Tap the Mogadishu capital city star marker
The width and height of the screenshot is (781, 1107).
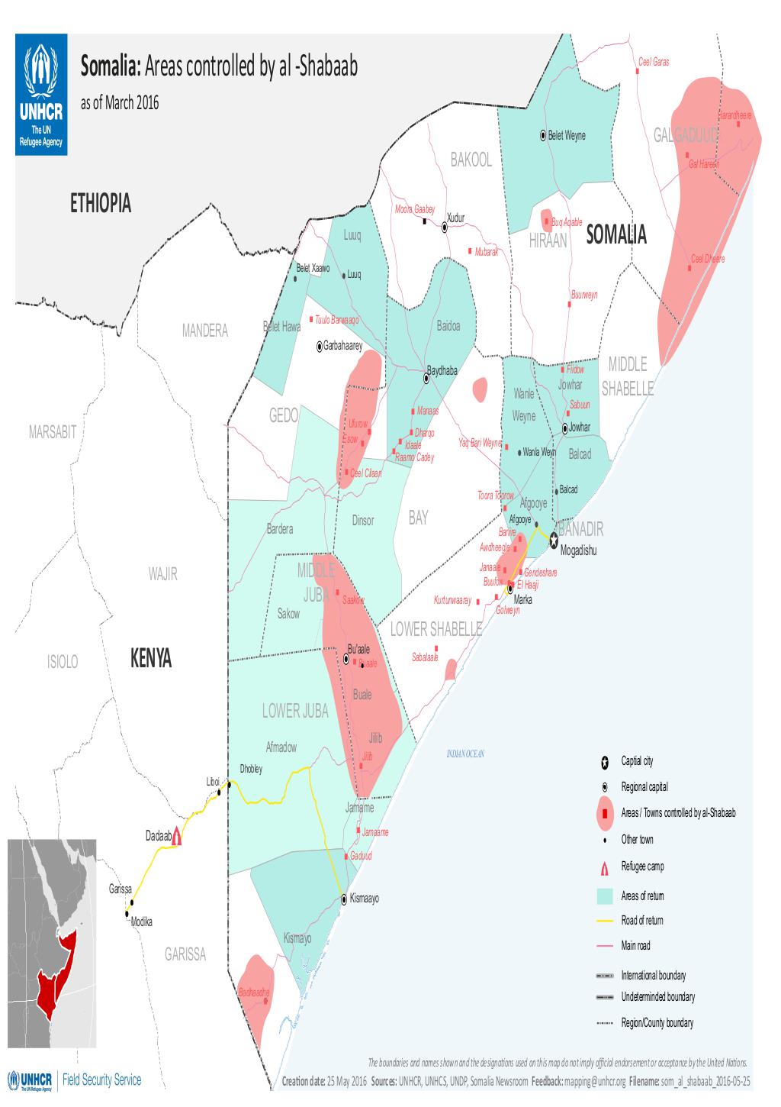coord(554,537)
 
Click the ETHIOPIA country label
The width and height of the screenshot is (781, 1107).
coord(100,204)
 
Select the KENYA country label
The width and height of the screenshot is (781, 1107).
coord(151,659)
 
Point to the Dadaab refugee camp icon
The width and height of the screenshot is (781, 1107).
coord(177,836)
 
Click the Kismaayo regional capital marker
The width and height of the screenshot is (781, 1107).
coord(344,899)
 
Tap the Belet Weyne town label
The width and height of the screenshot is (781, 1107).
coord(567,136)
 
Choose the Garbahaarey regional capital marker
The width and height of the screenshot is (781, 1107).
coord(320,347)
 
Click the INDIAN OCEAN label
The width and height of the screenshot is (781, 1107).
coord(465,754)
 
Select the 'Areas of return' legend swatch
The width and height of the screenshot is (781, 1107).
coord(604,896)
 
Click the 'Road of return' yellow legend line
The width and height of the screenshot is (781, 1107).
coord(604,921)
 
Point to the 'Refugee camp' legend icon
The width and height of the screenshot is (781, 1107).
coord(604,867)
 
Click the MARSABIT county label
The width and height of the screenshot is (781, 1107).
coord(52,433)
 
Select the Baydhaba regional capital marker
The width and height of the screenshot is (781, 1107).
coord(427,378)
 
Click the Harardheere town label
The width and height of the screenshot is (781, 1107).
coord(734,115)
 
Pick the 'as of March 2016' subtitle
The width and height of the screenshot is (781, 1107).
coord(120,104)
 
